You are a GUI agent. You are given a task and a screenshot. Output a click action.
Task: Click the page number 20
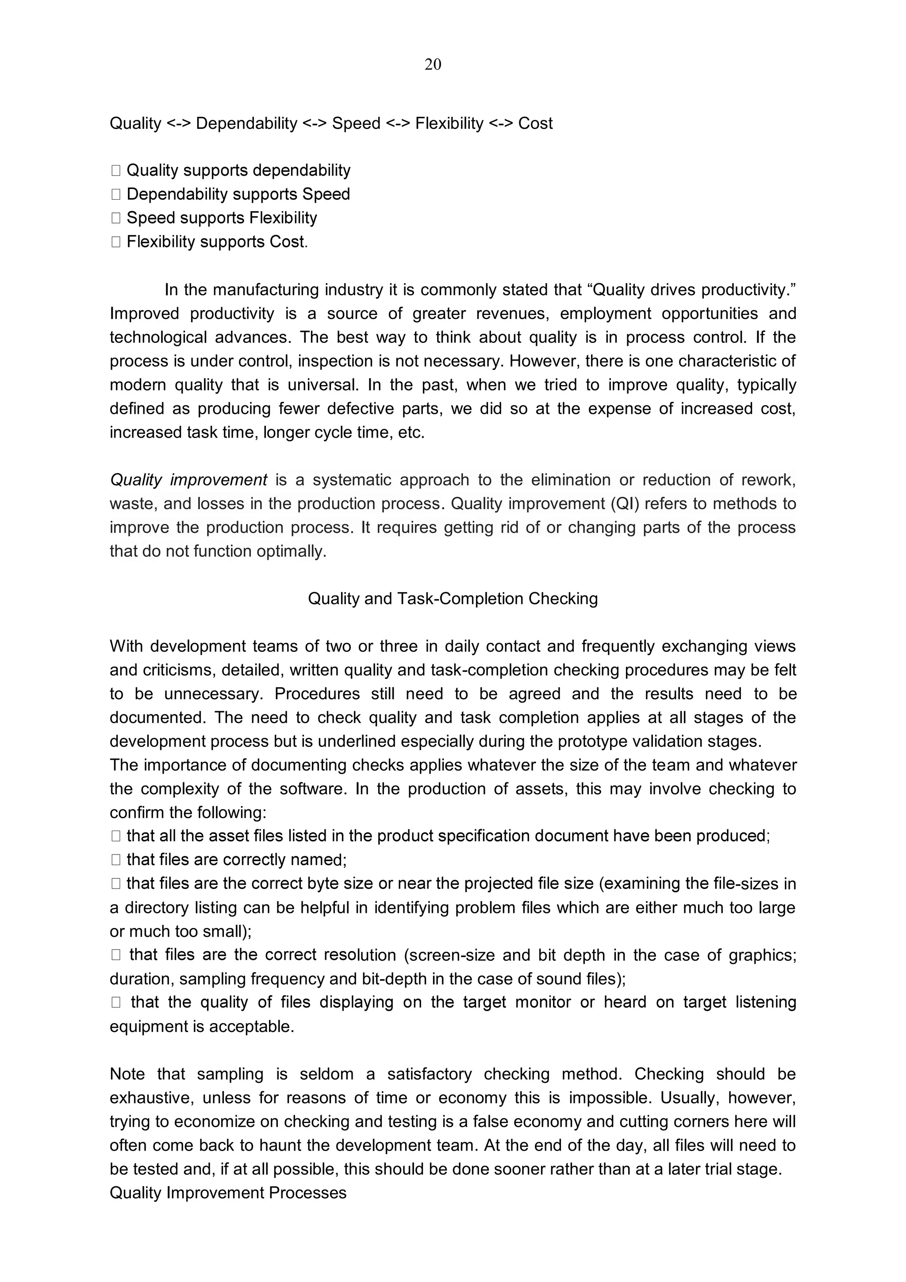pyautogui.click(x=433, y=65)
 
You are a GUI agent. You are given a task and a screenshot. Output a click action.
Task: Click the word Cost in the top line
pyautogui.click(x=535, y=123)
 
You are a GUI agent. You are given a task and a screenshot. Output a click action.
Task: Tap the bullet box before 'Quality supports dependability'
pyautogui.click(x=115, y=171)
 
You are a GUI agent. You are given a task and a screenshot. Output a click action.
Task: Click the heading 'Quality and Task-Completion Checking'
pyautogui.click(x=453, y=599)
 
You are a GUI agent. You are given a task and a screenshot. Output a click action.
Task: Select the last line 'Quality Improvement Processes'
pyautogui.click(x=228, y=1193)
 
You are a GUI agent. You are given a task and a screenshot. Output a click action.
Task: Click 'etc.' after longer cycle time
pyautogui.click(x=411, y=433)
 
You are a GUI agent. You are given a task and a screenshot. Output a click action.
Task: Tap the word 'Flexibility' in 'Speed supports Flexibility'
pyautogui.click(x=283, y=218)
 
